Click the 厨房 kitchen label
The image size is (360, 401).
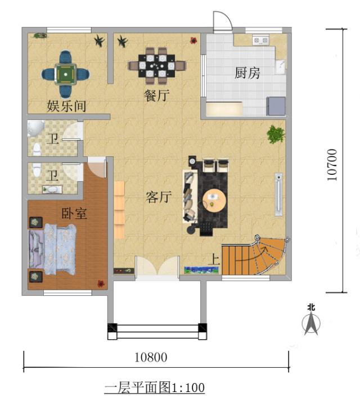tap(247, 73)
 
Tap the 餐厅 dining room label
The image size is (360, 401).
tap(156, 96)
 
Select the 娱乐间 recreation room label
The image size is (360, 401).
tap(66, 106)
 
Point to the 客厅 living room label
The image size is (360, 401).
tap(159, 197)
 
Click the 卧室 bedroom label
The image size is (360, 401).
tap(74, 213)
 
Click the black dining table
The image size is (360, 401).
tap(156, 66)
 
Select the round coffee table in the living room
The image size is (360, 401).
tap(214, 200)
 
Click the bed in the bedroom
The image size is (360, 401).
tap(53, 249)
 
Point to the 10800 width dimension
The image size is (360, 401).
tap(151, 357)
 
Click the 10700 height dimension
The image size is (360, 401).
tap(332, 165)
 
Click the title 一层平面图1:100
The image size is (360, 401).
tap(155, 388)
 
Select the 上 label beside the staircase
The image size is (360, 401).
tap(214, 259)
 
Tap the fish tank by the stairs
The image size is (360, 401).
tap(201, 270)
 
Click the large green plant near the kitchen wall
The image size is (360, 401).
tap(276, 134)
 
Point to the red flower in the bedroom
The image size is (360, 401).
tap(101, 283)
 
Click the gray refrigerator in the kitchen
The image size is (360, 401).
tap(276, 106)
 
